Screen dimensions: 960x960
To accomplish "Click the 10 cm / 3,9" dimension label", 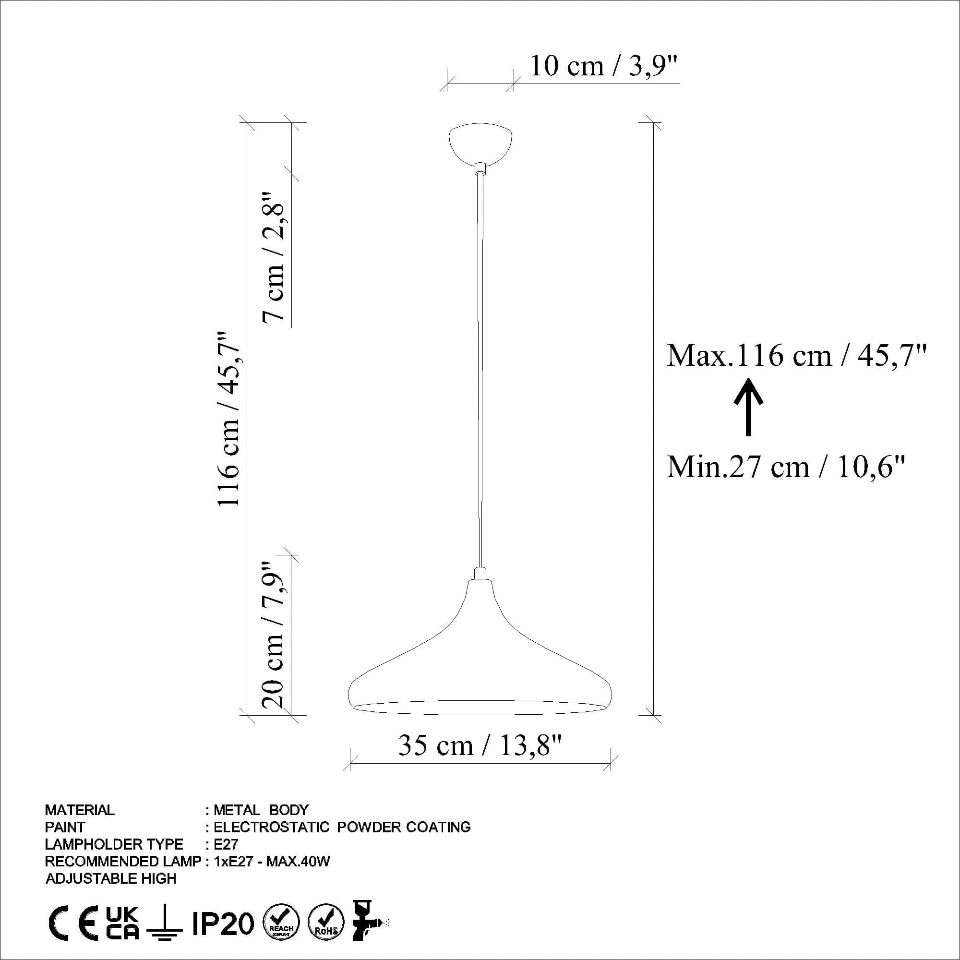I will (603, 66).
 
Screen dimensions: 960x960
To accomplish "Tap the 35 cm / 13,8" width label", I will (480, 746).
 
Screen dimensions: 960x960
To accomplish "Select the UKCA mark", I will (123, 923).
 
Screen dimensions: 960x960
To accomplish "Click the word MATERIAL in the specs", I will (80, 810).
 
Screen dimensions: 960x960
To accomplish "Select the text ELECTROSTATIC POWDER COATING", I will (342, 828).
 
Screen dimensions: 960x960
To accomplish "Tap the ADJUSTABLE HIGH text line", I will (111, 879).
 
